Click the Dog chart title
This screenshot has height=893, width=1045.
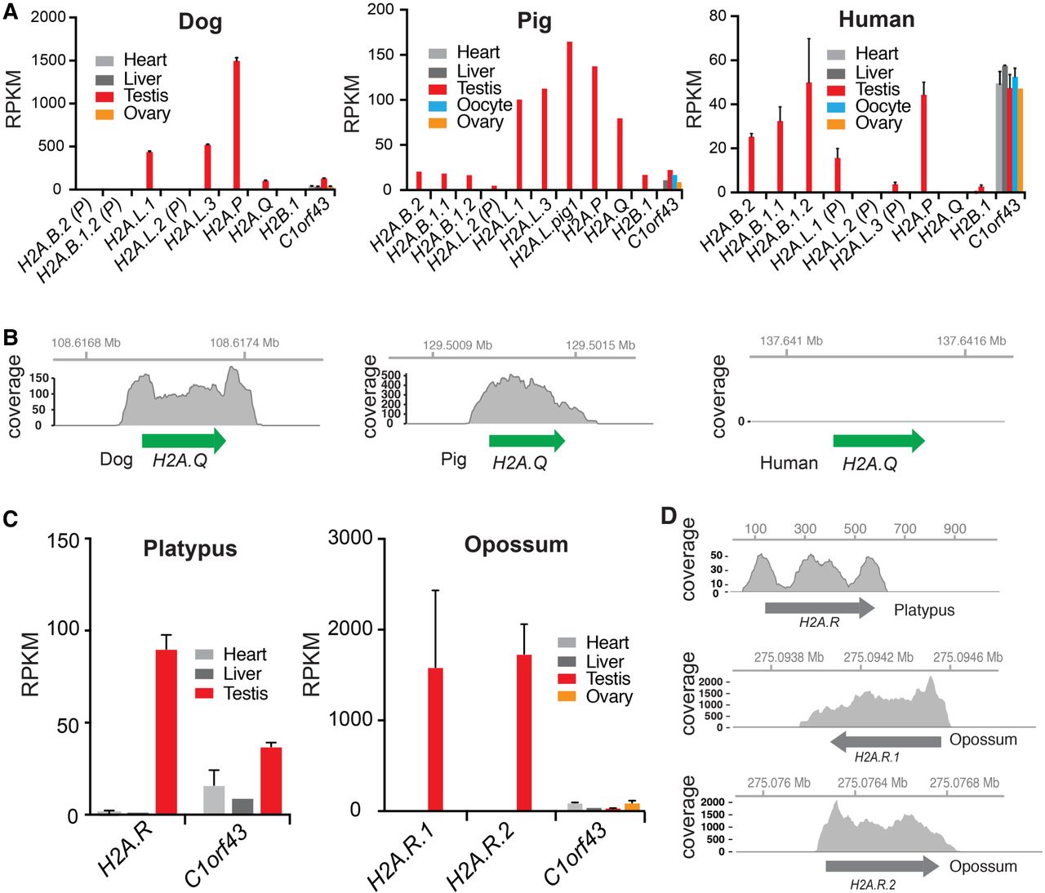[200, 22]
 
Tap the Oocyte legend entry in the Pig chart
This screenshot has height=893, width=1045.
[484, 105]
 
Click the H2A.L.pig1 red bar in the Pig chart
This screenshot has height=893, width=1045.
[569, 115]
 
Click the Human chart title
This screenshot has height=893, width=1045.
[876, 20]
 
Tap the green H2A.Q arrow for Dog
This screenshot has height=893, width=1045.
[184, 441]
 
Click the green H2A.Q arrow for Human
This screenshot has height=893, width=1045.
[878, 442]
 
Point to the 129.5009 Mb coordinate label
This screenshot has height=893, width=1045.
[457, 345]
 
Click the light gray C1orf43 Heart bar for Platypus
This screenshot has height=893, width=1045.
[213, 799]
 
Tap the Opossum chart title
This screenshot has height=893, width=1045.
[516, 544]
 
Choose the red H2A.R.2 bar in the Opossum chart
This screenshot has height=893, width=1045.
[523, 731]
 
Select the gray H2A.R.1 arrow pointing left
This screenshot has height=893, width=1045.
[885, 741]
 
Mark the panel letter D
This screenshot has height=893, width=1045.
[669, 517]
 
